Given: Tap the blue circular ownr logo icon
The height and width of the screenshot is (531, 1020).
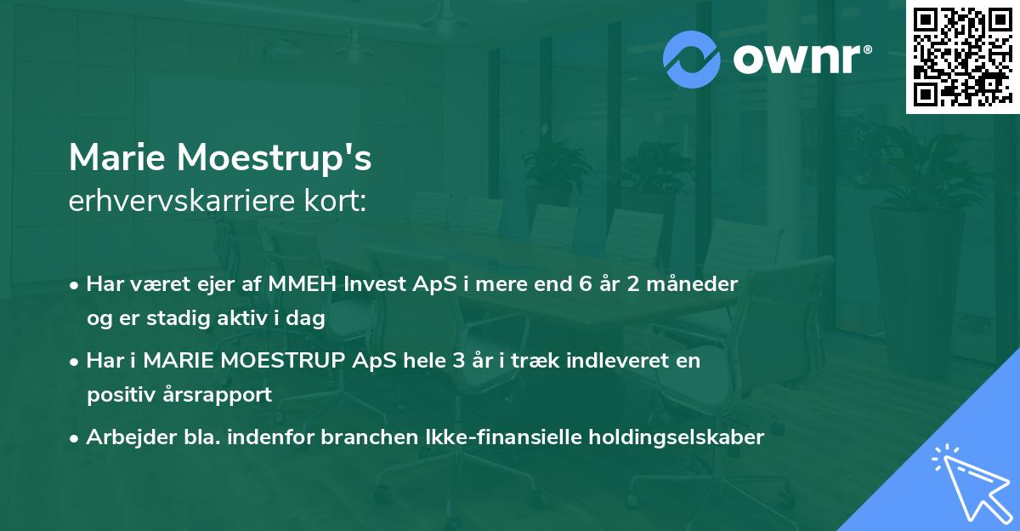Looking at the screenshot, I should pos(692,60).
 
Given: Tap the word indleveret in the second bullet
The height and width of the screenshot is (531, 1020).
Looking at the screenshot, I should pos(617,360).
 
